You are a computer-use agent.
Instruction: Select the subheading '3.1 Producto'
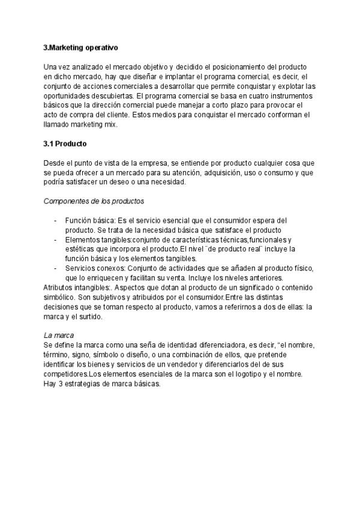(x=65, y=144)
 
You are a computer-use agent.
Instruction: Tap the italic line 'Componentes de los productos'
(x=94, y=201)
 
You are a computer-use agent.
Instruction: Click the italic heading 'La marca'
(x=58, y=335)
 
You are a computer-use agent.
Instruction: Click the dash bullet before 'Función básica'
(x=55, y=220)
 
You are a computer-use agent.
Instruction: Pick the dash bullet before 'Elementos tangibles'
(x=55, y=239)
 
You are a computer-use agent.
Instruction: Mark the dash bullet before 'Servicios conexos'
(x=55, y=268)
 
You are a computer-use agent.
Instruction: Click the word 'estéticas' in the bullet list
(x=80, y=249)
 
